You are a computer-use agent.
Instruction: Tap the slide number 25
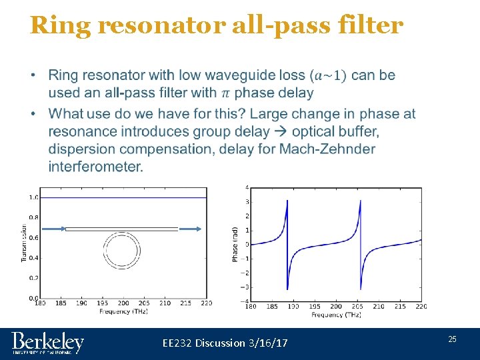click(452, 339)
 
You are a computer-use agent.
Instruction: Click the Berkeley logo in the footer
click(47, 343)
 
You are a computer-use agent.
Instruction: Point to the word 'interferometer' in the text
click(95, 167)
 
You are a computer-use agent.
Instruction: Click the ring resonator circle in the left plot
click(122, 251)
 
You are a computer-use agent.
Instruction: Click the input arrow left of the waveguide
click(56, 229)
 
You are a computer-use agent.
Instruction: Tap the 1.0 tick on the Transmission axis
click(33, 197)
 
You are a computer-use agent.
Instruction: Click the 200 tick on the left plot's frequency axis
click(123, 303)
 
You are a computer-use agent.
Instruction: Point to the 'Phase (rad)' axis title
click(235, 243)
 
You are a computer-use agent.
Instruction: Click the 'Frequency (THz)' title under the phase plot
click(336, 314)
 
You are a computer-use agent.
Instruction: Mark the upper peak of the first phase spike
click(287, 200)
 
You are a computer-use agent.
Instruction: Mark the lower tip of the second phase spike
click(360, 288)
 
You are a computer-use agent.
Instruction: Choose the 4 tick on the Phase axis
click(247, 187)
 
